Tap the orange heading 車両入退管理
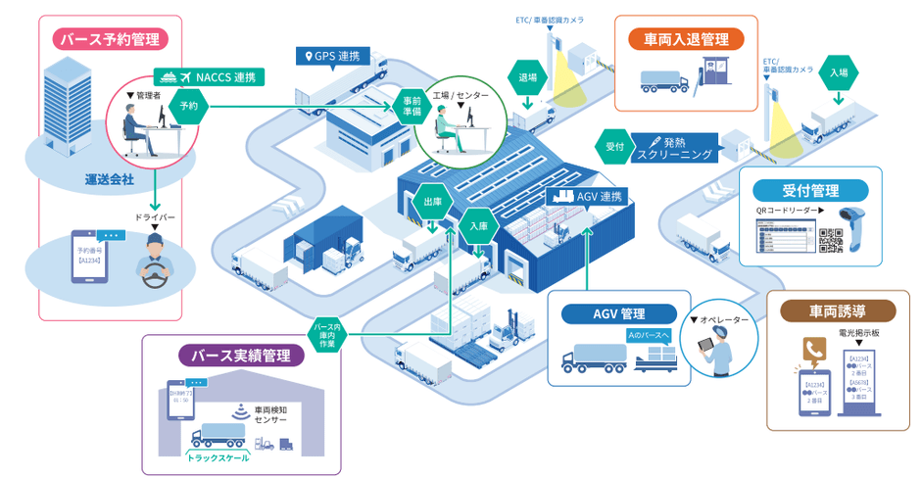[686, 39]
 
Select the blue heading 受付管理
[810, 190]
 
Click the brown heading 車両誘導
[837, 312]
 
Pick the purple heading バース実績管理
[240, 355]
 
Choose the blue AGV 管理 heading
[618, 314]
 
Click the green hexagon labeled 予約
[189, 104]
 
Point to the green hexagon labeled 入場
[839, 73]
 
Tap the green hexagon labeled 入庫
[479, 225]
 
